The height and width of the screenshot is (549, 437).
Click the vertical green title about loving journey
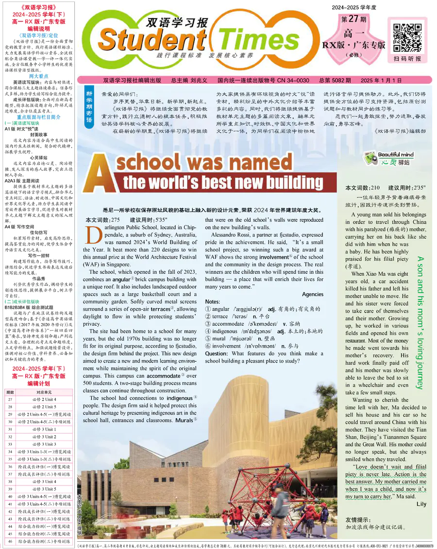coord(420,323)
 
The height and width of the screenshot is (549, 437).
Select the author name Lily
coord(421,504)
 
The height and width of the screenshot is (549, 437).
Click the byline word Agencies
coord(313,294)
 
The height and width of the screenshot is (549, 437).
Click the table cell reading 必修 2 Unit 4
coord(44,399)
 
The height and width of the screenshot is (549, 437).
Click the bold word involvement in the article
coord(274,257)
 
